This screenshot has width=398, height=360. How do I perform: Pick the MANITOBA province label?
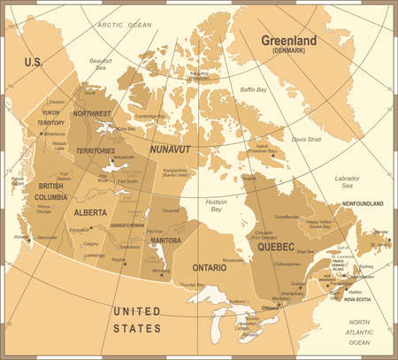coord(165,239)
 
